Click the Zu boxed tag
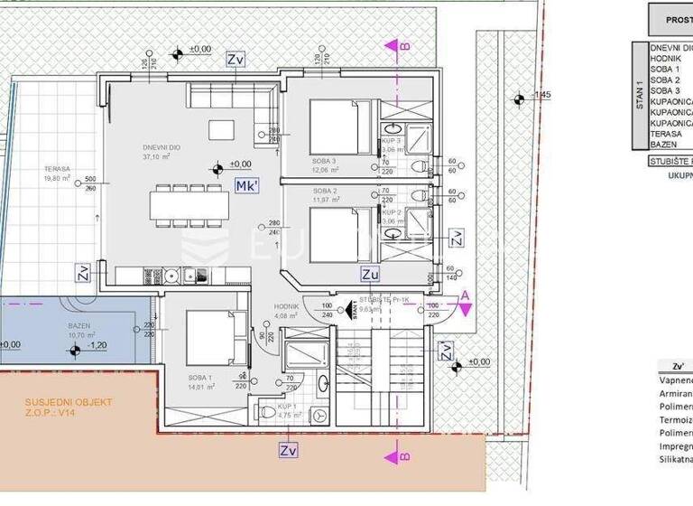pyautogui.click(x=370, y=272)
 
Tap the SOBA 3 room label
pyautogui.click(x=326, y=161)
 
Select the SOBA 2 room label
pyautogui.click(x=325, y=192)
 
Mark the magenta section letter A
pyautogui.click(x=465, y=295)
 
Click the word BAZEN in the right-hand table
pyautogui.click(x=666, y=144)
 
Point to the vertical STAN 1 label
pyautogui.click(x=638, y=94)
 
